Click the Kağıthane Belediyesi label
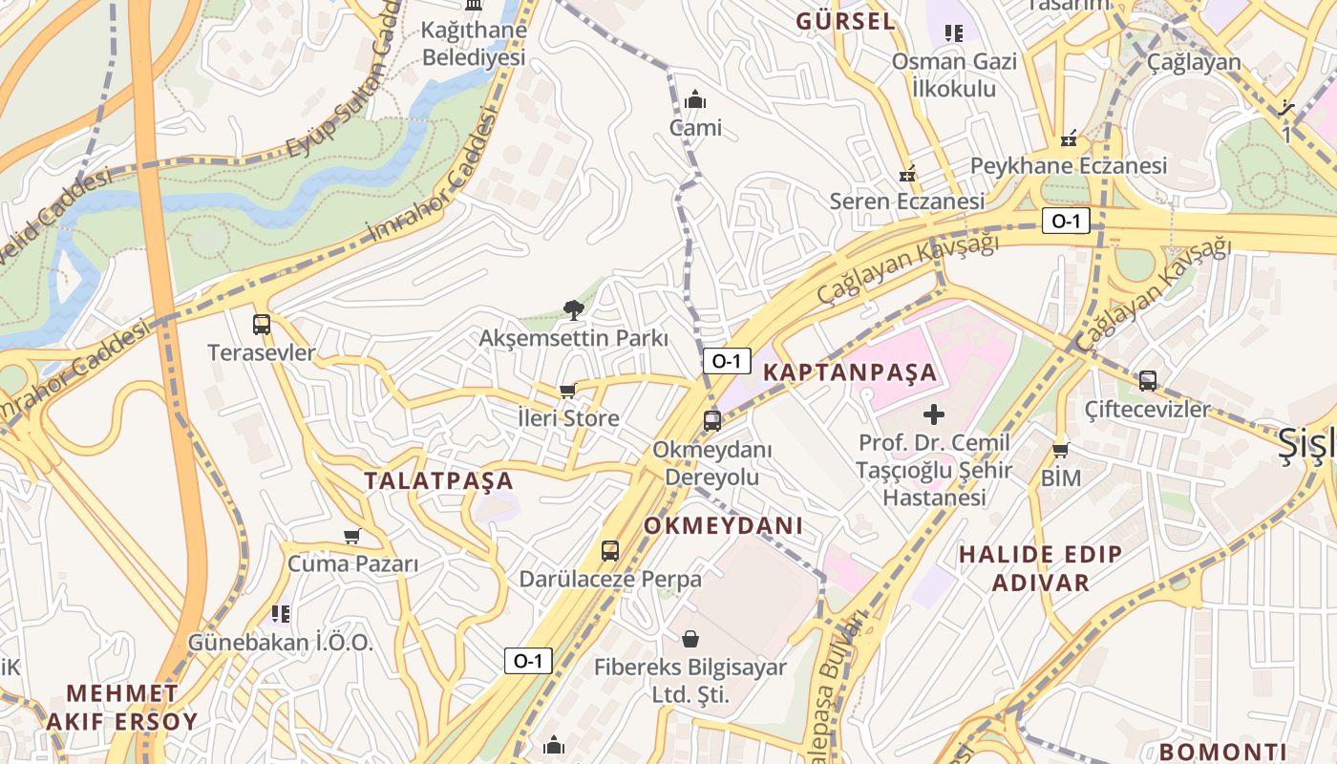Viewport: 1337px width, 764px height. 474,44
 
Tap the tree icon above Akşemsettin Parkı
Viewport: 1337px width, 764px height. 573,308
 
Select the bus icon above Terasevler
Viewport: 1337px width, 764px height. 262,324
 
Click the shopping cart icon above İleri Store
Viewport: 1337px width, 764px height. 567,390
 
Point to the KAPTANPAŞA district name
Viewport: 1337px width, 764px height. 850,372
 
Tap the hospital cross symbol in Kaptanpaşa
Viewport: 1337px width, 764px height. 934,414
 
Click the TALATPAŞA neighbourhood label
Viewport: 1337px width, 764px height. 438,481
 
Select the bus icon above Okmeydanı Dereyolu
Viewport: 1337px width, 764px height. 711,420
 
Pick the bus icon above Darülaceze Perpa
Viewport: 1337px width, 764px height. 610,550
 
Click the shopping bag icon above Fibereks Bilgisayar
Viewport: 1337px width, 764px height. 690,638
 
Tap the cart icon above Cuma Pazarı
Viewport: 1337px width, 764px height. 352,536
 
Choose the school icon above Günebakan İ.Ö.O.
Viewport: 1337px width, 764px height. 280,613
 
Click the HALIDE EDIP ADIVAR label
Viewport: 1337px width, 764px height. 1041,568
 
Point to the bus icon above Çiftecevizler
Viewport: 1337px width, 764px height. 1148,380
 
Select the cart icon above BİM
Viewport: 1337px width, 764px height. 1060,450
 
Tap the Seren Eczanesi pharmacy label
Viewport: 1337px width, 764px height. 906,202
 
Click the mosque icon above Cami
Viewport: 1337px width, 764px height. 695,99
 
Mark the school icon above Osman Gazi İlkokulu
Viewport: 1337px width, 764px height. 953,34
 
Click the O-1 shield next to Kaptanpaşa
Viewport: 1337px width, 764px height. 726,361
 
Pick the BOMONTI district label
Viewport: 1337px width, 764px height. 1222,752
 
